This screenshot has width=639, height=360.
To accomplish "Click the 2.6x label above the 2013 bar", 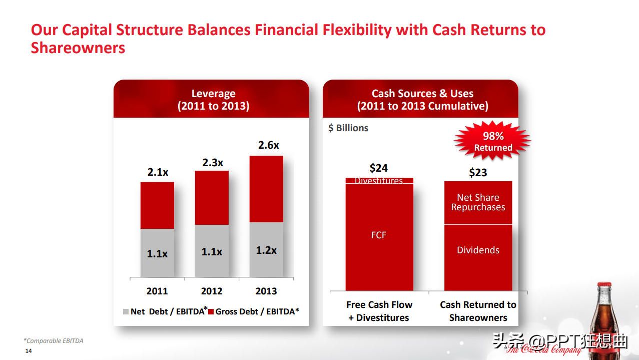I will click(268, 145).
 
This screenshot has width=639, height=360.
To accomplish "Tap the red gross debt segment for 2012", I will click(212, 197).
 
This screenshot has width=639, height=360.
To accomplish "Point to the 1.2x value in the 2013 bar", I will click(266, 250).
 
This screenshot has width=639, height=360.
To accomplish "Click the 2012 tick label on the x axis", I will click(212, 291).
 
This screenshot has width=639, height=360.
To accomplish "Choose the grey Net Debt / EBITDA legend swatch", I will click(126, 312).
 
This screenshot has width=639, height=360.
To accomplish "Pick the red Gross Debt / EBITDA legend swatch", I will click(211, 312).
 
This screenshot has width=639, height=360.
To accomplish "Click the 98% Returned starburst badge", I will click(493, 141).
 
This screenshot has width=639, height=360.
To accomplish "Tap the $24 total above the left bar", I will click(379, 168).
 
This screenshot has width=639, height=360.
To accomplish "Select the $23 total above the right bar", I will click(478, 172).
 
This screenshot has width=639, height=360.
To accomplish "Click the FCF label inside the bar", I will click(379, 235).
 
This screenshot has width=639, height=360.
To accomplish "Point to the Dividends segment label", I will click(478, 250).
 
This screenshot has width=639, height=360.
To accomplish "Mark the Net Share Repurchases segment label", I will click(478, 202).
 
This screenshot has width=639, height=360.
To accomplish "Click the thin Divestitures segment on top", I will click(379, 181).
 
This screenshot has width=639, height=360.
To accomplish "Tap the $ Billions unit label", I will click(348, 128).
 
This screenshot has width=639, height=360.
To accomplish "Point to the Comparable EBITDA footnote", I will click(54, 341).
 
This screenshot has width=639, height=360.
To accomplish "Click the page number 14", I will click(29, 351).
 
